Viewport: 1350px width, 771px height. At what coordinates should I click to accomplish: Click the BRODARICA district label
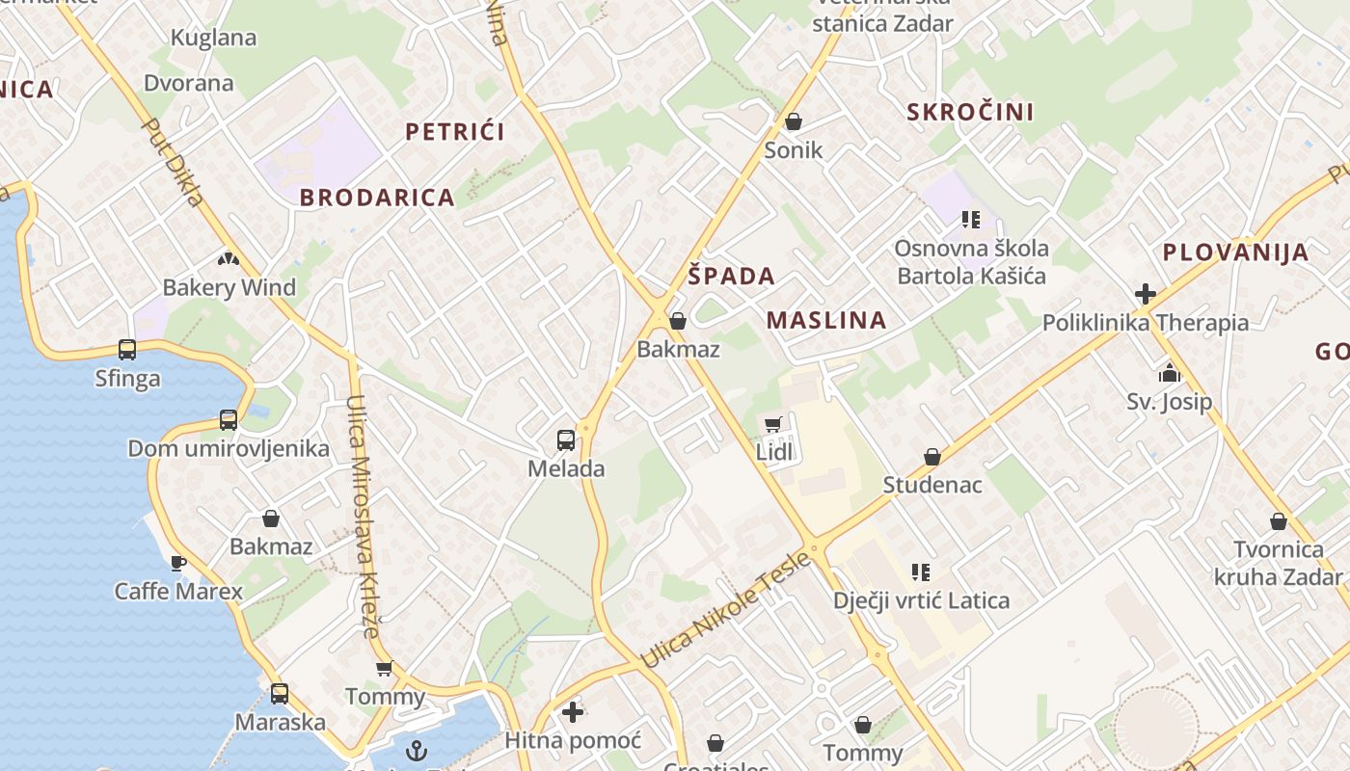coord(376,198)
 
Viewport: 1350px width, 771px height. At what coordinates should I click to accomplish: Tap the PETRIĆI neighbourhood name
coord(455,132)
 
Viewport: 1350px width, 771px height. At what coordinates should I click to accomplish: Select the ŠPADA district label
coord(732,277)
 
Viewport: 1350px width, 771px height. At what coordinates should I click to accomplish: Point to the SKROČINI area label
coord(970,112)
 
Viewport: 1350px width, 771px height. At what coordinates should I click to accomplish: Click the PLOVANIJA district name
coord(1235,253)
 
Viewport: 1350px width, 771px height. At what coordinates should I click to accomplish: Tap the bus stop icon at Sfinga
coord(127,349)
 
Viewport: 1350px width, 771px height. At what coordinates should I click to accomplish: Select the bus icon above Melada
coord(566,440)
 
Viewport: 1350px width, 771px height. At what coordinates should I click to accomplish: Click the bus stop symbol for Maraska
coord(280,693)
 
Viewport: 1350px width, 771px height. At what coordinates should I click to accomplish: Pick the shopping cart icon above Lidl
coord(772,424)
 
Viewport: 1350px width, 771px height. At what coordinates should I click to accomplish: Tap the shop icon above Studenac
coord(931,457)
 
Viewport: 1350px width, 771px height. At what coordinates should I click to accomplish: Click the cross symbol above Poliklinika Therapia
coord(1146,294)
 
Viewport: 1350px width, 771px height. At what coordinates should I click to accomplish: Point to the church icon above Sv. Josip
coord(1170,373)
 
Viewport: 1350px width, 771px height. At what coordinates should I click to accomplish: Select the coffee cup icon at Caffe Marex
coord(178,562)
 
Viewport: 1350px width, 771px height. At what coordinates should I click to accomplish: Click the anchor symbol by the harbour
coord(417,751)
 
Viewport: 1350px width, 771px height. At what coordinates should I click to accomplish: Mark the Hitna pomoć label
coord(573,740)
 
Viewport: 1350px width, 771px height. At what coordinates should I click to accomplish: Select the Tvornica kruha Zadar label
coord(1279,563)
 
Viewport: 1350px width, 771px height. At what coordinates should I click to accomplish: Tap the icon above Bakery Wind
coord(229,258)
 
